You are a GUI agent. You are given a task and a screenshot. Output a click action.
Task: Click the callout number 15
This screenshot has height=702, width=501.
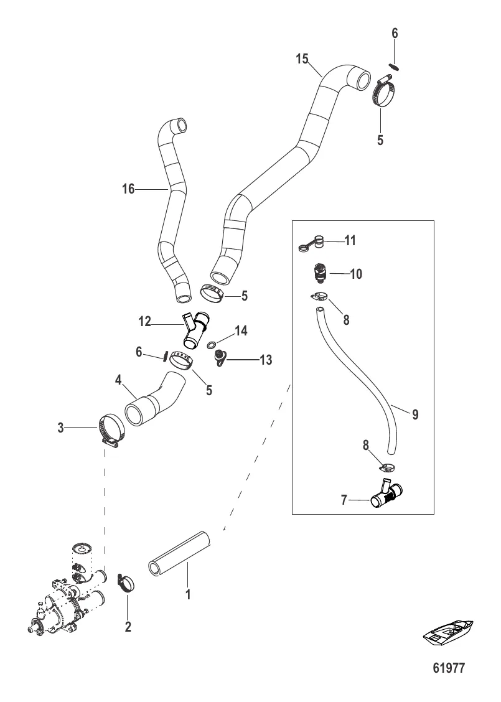[x=302, y=58]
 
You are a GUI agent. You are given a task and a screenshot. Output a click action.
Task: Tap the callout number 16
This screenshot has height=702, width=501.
[x=128, y=189]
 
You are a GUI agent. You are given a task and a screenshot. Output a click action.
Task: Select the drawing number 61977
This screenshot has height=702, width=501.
[x=449, y=668]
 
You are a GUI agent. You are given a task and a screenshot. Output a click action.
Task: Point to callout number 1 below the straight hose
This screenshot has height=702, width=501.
[x=188, y=594]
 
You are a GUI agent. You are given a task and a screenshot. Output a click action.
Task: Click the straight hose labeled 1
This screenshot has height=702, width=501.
[x=179, y=552]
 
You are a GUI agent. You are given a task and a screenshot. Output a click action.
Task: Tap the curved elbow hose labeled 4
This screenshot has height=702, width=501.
[x=154, y=398]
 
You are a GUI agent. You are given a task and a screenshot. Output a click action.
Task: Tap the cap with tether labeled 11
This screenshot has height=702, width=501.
[x=312, y=243]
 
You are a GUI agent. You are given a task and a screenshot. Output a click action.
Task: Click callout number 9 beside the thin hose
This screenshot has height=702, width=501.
[x=415, y=414]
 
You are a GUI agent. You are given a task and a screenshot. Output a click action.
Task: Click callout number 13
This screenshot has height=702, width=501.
[x=266, y=360]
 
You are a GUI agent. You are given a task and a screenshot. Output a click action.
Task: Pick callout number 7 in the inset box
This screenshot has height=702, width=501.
[x=344, y=500]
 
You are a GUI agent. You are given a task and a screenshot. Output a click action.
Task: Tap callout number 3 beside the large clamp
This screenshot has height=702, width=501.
[x=60, y=428]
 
